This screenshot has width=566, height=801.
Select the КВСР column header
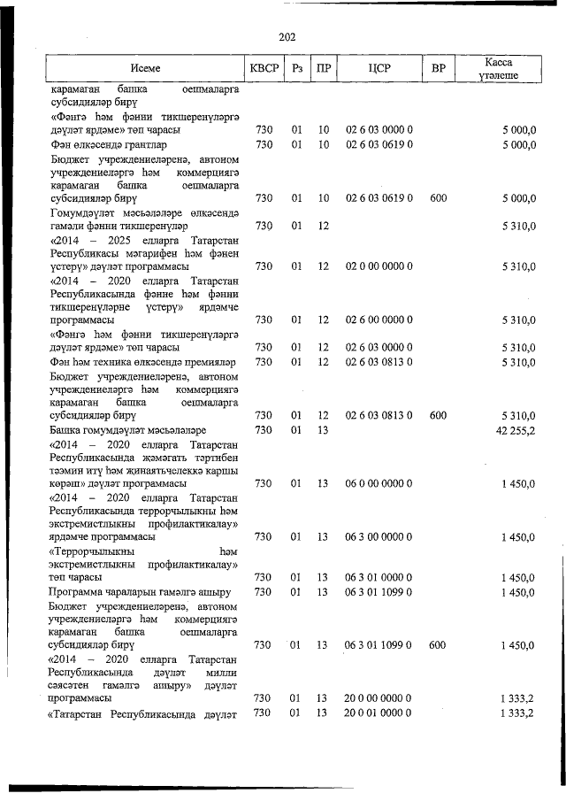coord(264,69)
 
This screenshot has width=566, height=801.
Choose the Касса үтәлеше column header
coord(499,69)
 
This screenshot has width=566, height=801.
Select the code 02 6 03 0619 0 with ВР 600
coord(379,198)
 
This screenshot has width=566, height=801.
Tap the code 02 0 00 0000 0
coord(379,266)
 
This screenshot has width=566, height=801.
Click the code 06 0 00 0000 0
coord(379,483)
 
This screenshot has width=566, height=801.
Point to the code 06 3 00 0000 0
coord(379,537)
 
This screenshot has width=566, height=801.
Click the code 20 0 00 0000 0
coord(379,699)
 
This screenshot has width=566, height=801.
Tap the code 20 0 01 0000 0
coord(379,713)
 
